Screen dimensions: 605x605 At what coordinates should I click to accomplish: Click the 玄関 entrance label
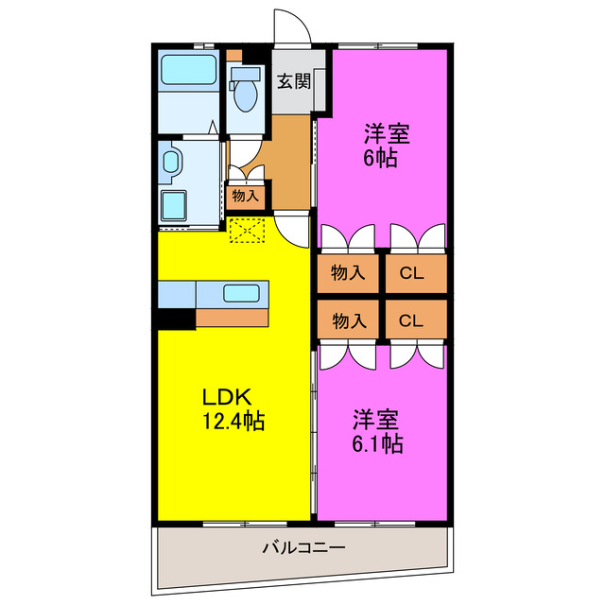click(293, 80)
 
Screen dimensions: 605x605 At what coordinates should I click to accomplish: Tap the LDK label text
click(226, 397)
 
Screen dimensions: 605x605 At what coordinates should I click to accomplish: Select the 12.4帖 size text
click(233, 421)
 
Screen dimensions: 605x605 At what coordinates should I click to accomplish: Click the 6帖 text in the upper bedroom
click(380, 157)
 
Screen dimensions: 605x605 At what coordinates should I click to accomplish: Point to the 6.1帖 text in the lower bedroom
click(378, 442)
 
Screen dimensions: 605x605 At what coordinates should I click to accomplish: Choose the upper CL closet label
click(411, 274)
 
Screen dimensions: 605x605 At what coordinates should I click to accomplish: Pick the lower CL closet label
click(411, 320)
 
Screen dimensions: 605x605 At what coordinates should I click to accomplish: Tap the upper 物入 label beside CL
click(348, 274)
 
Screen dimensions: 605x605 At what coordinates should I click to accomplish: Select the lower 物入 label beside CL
click(348, 320)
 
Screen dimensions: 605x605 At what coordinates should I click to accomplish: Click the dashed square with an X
click(248, 230)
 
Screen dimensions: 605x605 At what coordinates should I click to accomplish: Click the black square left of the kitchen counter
click(176, 320)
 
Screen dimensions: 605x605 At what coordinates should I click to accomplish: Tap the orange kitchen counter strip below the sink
click(233, 318)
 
